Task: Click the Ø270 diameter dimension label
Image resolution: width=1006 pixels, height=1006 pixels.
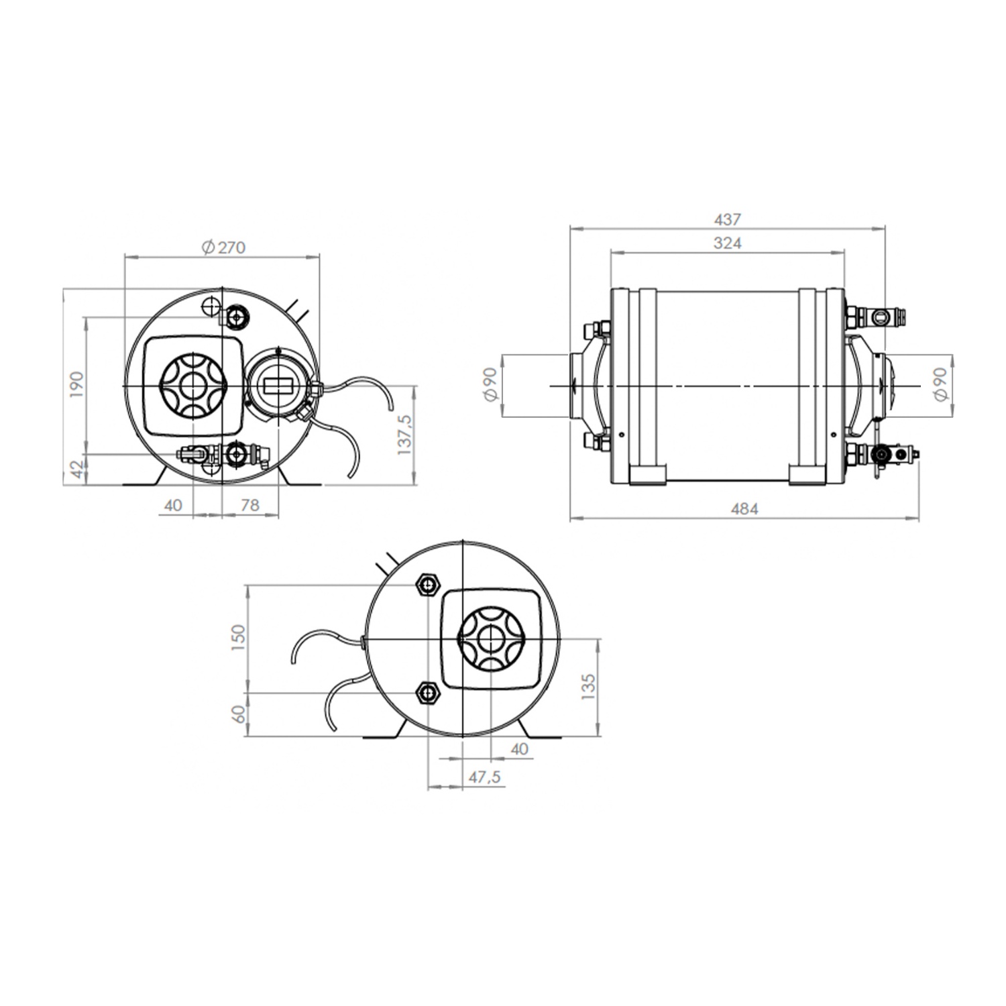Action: click(x=224, y=247)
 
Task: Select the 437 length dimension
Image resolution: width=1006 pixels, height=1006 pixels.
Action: click(x=728, y=219)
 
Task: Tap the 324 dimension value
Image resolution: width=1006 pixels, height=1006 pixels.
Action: click(x=727, y=243)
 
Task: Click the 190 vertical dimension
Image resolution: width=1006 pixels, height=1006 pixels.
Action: click(x=76, y=385)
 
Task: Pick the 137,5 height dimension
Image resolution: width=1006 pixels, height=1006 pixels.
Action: click(x=404, y=435)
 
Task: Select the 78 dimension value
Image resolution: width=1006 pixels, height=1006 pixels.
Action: click(x=249, y=504)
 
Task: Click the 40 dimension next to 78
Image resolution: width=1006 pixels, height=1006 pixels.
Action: click(x=173, y=504)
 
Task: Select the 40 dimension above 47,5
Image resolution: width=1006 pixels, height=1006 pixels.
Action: click(x=520, y=748)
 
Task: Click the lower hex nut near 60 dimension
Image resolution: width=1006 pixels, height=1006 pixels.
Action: click(x=427, y=692)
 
